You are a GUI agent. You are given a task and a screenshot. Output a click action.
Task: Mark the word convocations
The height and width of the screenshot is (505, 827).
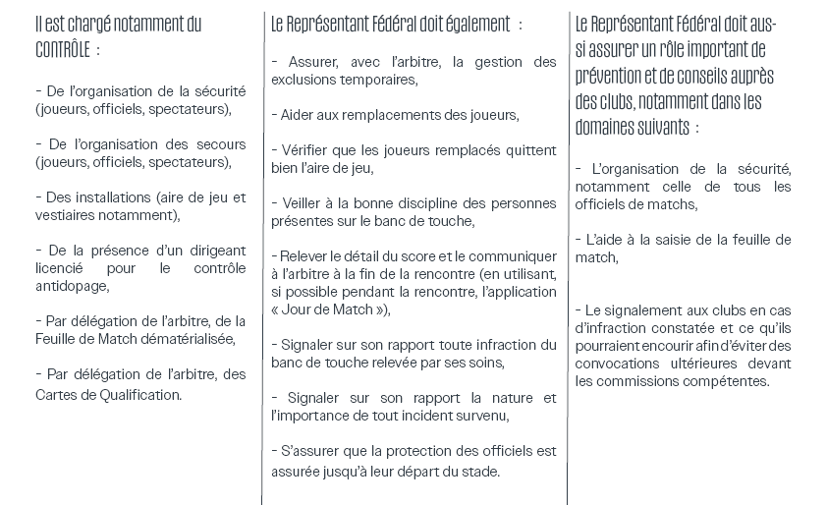619,364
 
